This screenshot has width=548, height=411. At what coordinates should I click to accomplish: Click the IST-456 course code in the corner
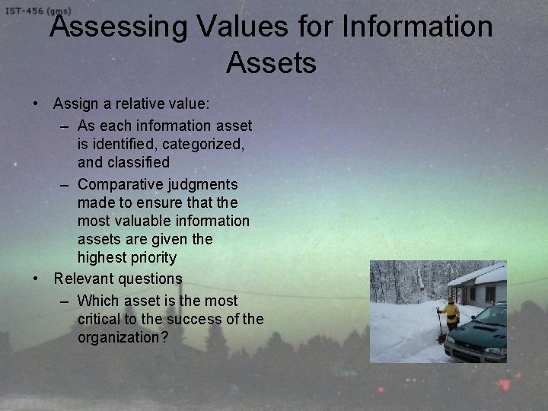coord(27,11)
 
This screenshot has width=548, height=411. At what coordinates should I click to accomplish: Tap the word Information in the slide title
coord(418,27)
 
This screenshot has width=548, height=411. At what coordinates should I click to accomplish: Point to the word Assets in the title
coord(271,62)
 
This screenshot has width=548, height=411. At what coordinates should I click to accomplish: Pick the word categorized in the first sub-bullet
coord(204,143)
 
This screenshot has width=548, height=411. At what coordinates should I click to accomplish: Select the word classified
coord(138,162)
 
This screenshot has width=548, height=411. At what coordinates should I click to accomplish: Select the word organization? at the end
coord(123,337)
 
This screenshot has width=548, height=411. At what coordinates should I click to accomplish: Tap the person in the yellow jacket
coord(451,313)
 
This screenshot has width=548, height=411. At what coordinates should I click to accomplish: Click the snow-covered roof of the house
coord(479,275)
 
